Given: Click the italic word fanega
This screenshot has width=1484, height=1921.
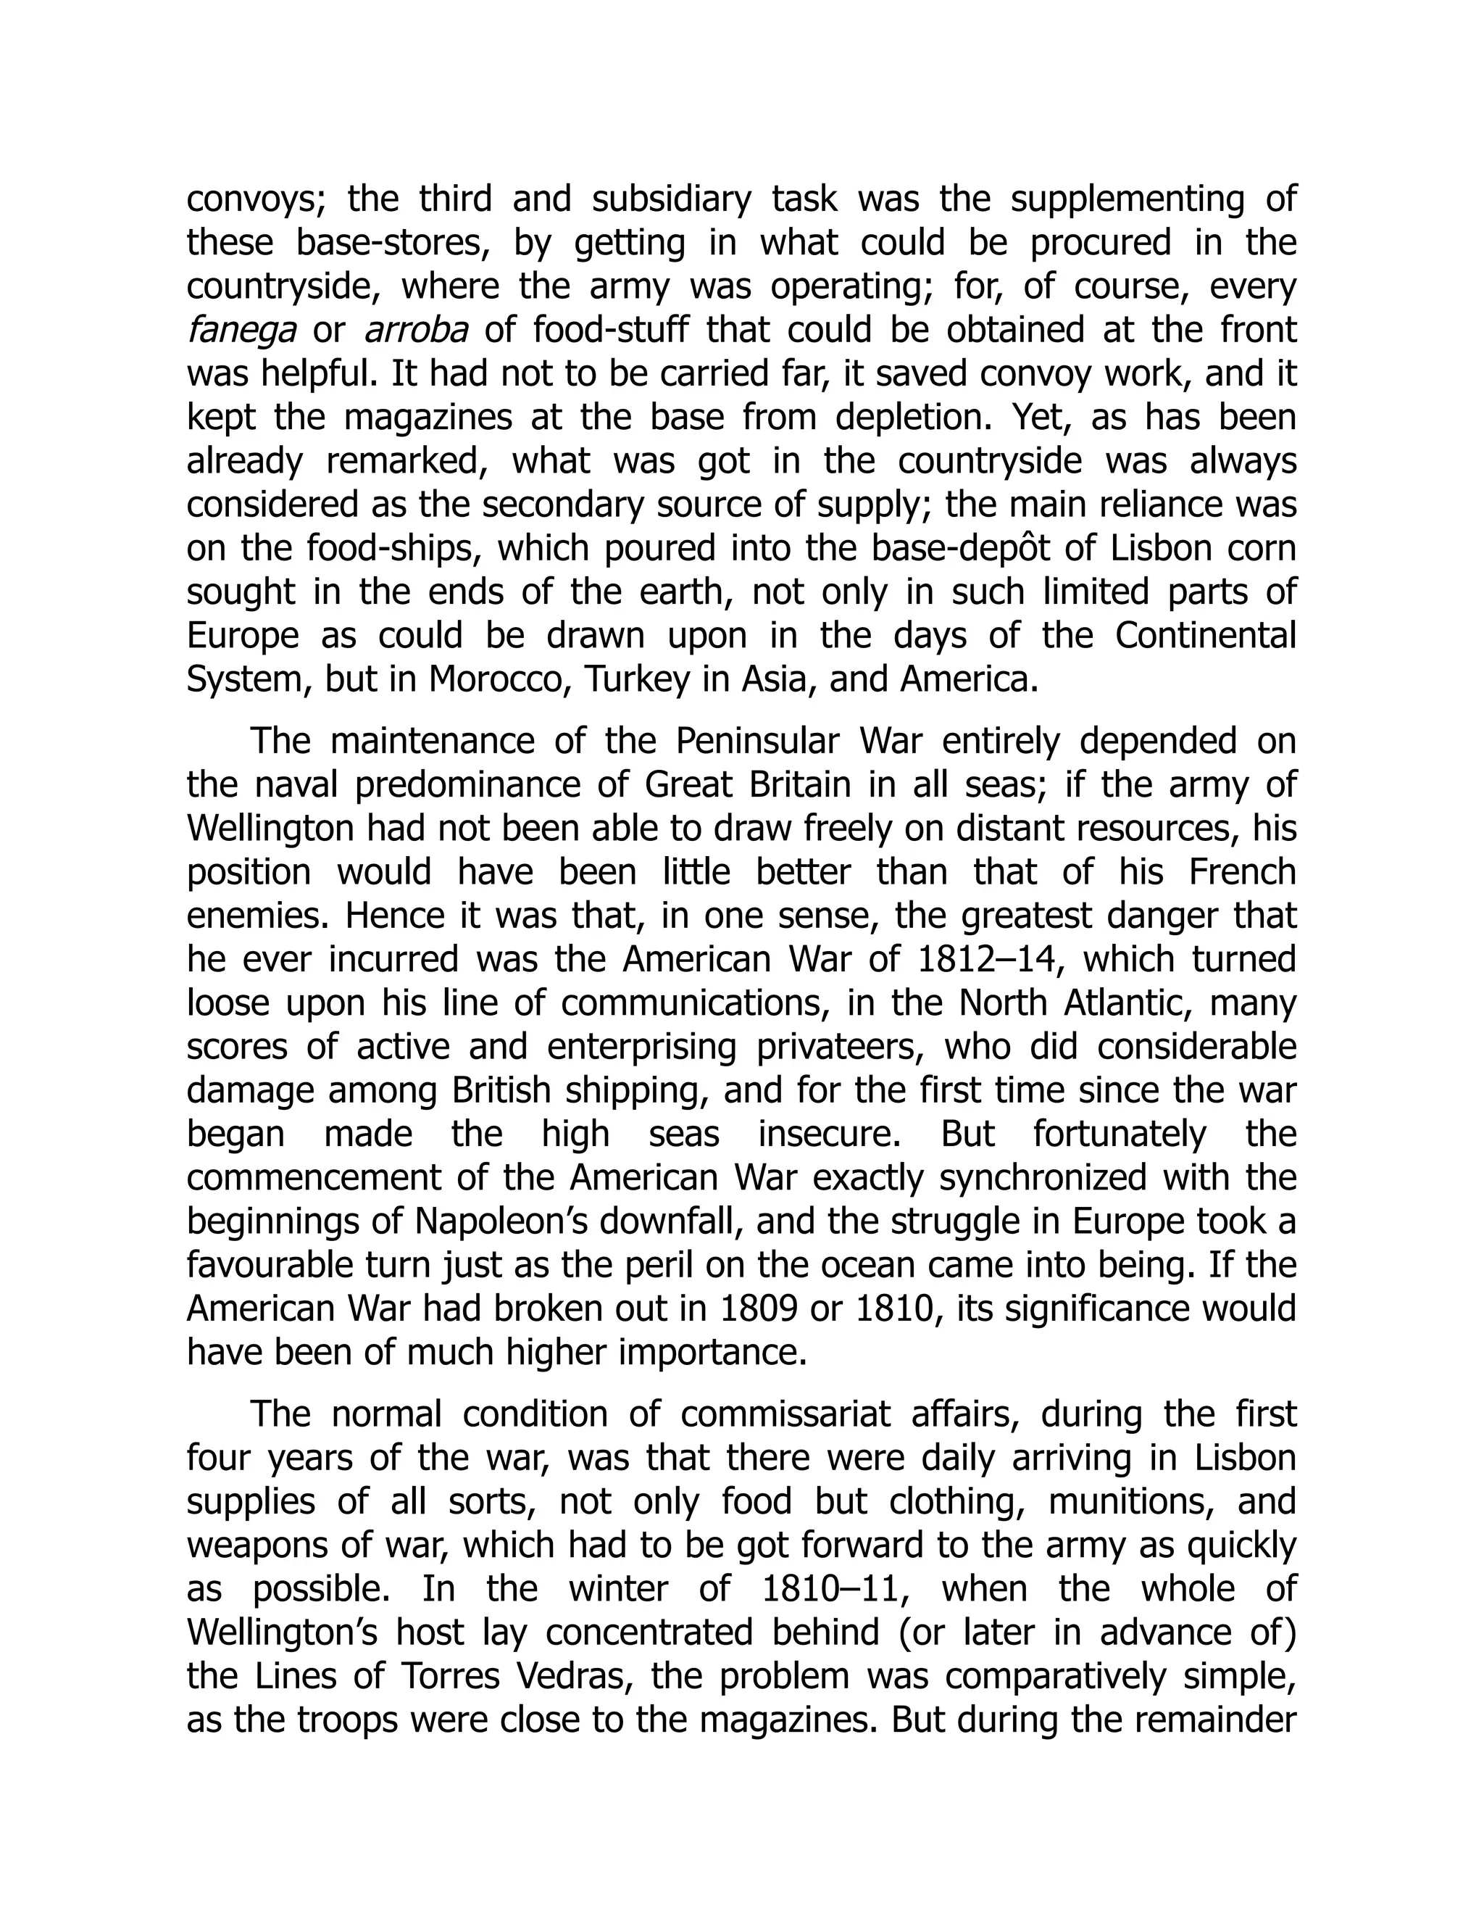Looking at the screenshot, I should point(241,331).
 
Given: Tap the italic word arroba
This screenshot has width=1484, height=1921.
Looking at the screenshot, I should point(415,331).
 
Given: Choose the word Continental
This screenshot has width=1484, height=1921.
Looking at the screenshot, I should point(1206,636).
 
